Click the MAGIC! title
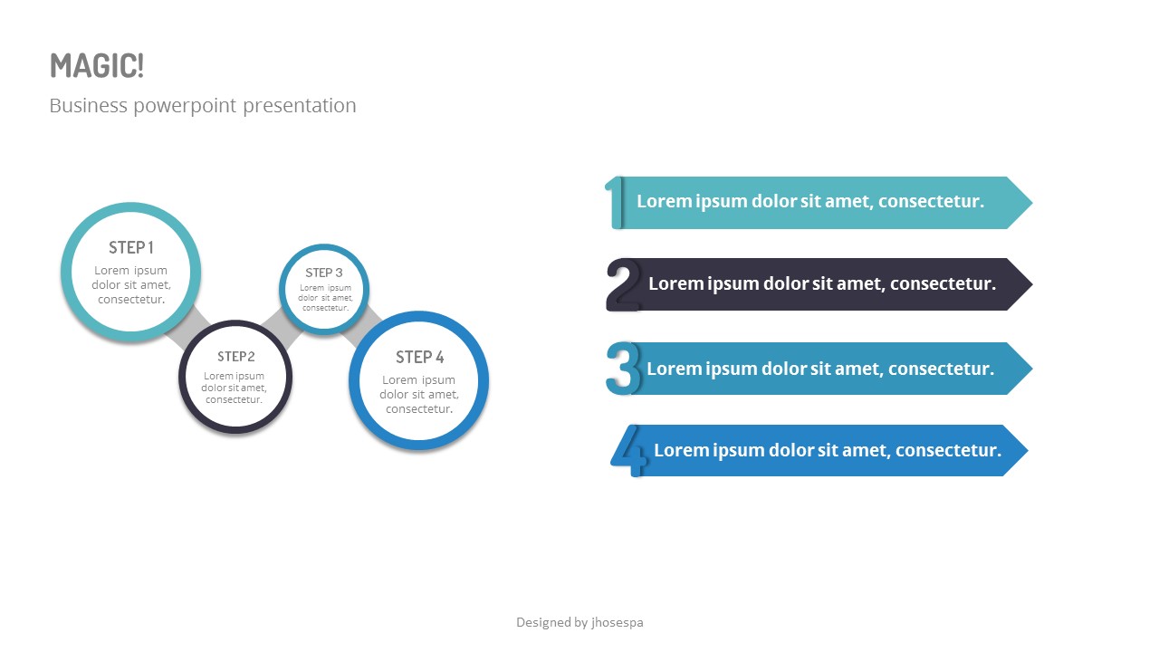pyautogui.click(x=97, y=66)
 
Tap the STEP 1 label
pyautogui.click(x=131, y=247)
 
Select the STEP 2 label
pyautogui.click(x=235, y=356)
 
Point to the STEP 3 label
pyautogui.click(x=323, y=273)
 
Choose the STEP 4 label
pyautogui.click(x=419, y=357)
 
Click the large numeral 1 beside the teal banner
pyautogui.click(x=615, y=202)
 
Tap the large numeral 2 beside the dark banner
pyautogui.click(x=623, y=284)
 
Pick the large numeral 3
pyautogui.click(x=622, y=368)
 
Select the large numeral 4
pyautogui.click(x=630, y=450)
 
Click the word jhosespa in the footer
pyautogui.click(x=617, y=622)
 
